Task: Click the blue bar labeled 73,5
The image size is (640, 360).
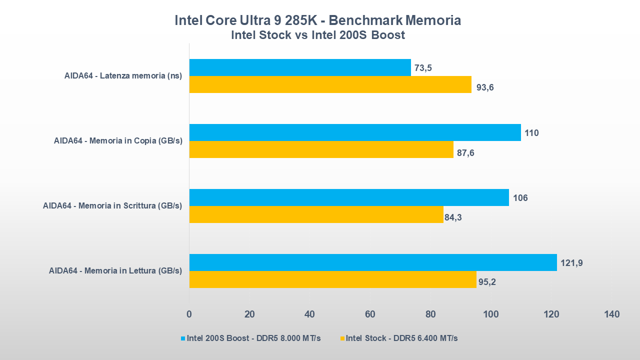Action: [300, 67]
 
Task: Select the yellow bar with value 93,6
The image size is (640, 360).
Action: [330, 84]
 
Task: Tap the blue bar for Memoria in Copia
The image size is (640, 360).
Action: [355, 132]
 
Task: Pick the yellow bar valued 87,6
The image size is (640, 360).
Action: [321, 149]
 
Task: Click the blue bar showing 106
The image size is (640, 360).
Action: [349, 197]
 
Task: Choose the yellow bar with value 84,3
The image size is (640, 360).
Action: [316, 214]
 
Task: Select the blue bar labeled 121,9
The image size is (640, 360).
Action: [373, 262]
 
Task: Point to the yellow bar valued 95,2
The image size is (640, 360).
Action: [332, 279]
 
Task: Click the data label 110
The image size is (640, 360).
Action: [531, 133]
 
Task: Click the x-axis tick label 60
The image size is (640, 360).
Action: [370, 314]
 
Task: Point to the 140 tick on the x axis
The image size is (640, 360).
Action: [611, 314]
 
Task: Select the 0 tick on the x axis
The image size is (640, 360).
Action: [189, 314]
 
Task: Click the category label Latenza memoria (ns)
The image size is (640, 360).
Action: [123, 76]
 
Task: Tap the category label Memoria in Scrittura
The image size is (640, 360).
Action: [112, 205]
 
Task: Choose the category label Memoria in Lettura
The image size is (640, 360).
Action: [115, 270]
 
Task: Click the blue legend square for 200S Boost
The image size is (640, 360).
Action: [183, 338]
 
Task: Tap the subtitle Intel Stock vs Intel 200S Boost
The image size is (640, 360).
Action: [317, 35]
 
